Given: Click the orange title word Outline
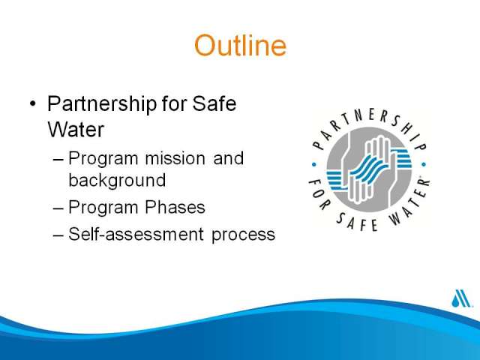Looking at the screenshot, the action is click(x=240, y=45).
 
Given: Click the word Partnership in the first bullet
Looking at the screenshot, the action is click(x=102, y=104).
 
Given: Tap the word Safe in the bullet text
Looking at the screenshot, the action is click(x=214, y=103).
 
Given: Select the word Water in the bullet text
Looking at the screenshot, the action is click(x=76, y=130).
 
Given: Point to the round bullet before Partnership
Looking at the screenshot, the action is click(x=33, y=103).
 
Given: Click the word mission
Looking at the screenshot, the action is click(x=175, y=158).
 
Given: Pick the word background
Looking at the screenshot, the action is click(x=117, y=180).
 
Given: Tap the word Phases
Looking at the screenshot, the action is click(x=175, y=207).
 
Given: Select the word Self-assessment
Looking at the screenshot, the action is click(x=136, y=234).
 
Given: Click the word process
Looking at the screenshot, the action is click(x=243, y=235).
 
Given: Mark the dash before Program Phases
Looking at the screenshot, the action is click(x=58, y=208).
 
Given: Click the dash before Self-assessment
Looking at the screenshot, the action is click(x=58, y=235).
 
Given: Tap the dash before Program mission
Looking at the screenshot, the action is click(x=58, y=159).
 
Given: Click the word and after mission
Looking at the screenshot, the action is click(x=228, y=158).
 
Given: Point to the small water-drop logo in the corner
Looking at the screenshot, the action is click(x=460, y=298).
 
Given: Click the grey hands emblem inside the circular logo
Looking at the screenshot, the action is click(x=369, y=169).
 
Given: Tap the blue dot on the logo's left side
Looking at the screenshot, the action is click(x=313, y=165).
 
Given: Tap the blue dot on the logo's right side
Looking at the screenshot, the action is click(x=424, y=165).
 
